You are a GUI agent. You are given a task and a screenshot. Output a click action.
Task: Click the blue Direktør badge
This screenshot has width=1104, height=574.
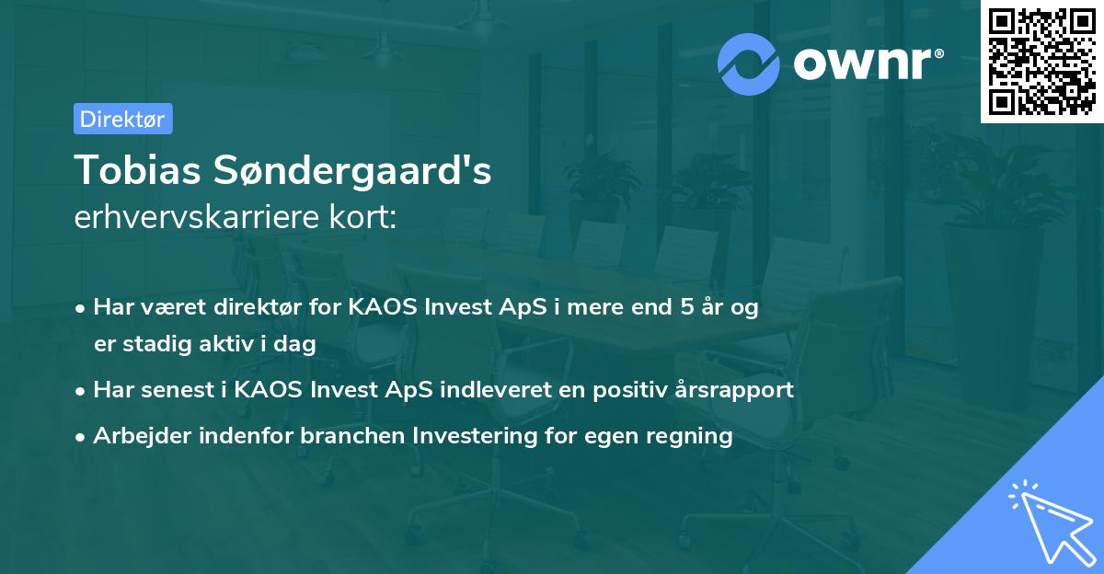[x=122, y=119]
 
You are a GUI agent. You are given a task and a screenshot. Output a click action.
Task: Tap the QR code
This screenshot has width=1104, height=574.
[x=1041, y=61]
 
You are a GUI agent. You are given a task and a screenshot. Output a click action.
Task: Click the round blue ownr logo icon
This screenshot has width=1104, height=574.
[x=749, y=63]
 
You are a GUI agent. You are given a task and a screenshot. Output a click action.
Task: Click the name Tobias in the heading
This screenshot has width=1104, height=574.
[x=137, y=169]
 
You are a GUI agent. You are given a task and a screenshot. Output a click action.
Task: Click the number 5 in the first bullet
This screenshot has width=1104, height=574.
[x=686, y=307]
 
